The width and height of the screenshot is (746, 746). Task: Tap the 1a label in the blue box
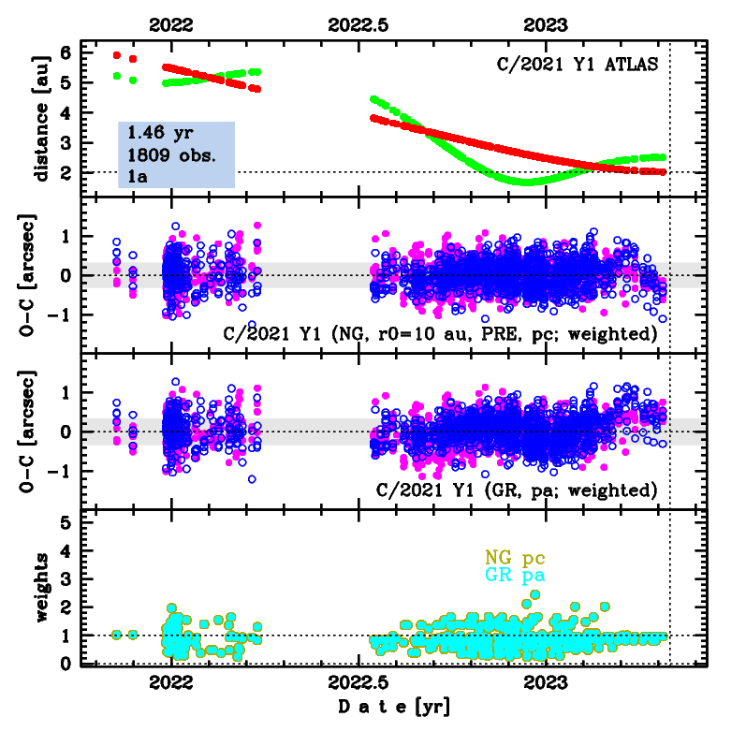139,174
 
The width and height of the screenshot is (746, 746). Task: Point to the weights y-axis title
40,588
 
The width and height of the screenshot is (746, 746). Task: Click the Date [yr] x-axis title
393,708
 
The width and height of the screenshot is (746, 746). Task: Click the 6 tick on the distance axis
65,52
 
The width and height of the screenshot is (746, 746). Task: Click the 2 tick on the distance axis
65,172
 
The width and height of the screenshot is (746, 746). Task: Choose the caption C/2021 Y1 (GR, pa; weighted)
516,489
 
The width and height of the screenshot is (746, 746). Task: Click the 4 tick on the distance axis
65,112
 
